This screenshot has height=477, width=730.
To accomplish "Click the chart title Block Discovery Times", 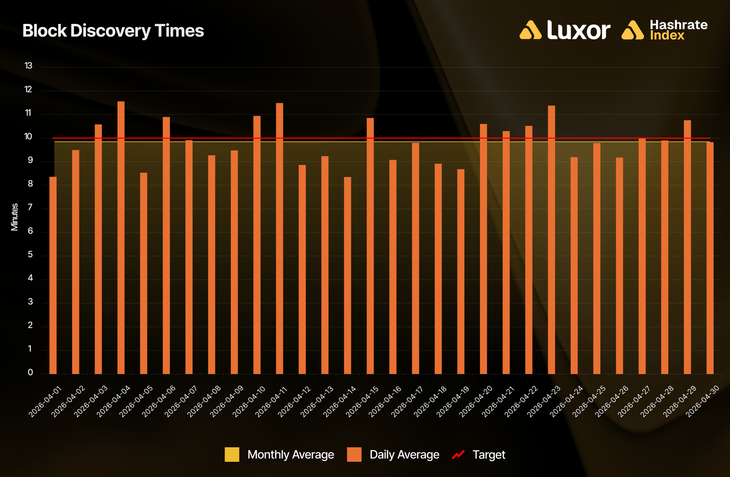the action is coord(113,31).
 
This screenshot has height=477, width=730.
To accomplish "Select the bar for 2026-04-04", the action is coord(121,238).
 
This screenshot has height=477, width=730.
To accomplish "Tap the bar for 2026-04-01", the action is coord(53,275).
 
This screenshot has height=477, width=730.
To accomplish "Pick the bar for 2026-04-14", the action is coord(347,276).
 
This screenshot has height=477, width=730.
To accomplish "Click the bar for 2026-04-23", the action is coord(552,240).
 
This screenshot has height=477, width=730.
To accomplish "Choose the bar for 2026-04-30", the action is coord(710,258).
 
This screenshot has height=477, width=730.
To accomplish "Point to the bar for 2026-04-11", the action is coord(280,238).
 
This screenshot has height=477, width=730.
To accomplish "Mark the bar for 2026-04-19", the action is coord(461,272).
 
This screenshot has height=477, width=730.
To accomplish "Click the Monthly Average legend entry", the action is coord(279,454).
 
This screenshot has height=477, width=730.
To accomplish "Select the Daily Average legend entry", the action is coord(393,454).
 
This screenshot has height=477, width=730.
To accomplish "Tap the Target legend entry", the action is coord(479,454).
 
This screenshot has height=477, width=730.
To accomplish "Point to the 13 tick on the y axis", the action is coord(28,66).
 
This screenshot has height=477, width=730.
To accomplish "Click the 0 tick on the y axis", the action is coord(30,372).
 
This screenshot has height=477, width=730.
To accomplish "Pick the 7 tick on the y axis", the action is coord(30,207).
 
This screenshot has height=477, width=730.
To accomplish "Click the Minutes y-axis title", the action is coord(15,217).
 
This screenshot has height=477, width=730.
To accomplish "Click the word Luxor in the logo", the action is coord(579,30).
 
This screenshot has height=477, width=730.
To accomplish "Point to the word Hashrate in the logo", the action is coord(679,25).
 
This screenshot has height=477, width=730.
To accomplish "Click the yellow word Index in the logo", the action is coord(667,35).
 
